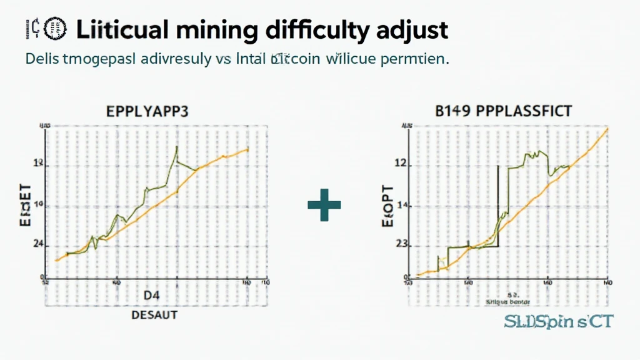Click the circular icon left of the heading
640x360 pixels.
57,28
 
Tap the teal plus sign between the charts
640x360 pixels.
324,206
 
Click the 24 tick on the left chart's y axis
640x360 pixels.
37,245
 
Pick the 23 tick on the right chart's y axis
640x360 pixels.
402,245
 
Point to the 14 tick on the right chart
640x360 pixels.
402,206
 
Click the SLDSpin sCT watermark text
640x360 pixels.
558,322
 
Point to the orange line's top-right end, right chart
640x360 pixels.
607,129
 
